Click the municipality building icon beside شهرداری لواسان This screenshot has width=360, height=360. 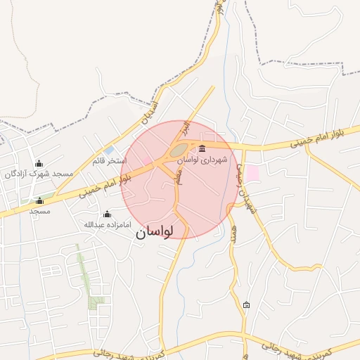(202, 148)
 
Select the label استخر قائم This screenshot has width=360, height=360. (109, 161)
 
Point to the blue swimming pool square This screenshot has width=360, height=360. (108, 150)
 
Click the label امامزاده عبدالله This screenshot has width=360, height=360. (107, 225)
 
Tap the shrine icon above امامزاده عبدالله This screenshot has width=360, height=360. (107, 214)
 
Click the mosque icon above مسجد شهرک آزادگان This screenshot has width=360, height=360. (39, 163)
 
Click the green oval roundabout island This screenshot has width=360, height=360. (177, 150)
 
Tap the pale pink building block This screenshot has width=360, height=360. (251, 173)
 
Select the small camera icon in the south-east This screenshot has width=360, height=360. (246, 304)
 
